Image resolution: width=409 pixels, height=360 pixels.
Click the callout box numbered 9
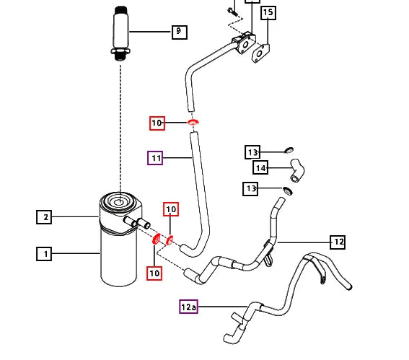coord(180,32)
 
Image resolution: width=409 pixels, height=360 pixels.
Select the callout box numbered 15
coord(268,12)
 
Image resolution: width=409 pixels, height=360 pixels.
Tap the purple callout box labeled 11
coord(155,158)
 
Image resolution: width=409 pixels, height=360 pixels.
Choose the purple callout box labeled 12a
coord(188,307)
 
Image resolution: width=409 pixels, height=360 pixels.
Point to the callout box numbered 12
coord(338,242)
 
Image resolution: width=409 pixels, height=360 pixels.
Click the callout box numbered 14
coord(260,167)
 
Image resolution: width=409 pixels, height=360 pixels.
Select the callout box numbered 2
coord(44,217)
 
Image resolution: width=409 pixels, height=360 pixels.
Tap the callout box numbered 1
coord(44,254)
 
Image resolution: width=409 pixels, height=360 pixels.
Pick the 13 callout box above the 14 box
coord(252,152)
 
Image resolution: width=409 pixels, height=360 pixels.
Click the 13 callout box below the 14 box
coord(250,188)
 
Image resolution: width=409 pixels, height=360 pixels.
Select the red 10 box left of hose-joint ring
coord(157,123)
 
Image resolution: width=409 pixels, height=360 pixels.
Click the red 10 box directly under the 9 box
coord(171,209)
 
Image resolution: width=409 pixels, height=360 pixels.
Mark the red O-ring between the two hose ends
coord(193,122)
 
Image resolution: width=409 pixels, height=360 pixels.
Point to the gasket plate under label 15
coord(260,53)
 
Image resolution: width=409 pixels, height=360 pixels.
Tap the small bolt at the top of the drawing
coord(232,11)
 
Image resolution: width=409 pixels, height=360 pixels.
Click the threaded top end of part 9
coord(121,10)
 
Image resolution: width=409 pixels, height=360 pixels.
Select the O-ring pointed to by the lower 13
coord(288,190)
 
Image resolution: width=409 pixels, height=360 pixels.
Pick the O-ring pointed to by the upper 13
coord(289,150)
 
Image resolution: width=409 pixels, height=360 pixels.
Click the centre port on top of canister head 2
coord(119,202)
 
